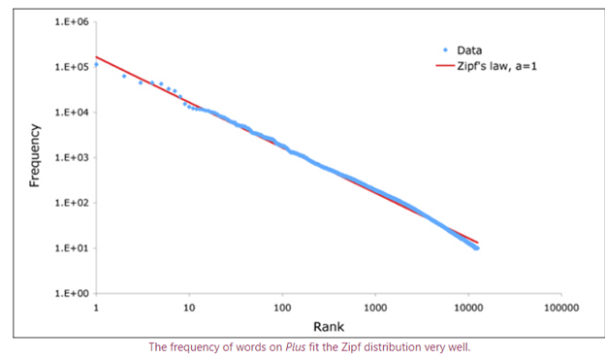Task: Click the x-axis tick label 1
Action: click(x=96, y=308)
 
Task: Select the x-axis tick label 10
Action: click(x=189, y=308)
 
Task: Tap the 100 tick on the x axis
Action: click(x=282, y=308)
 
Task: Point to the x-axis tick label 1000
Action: click(x=375, y=308)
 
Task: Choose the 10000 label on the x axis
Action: click(x=468, y=308)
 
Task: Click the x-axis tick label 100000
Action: click(x=561, y=308)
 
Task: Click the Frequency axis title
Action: click(x=36, y=155)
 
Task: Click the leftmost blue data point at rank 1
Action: click(x=96, y=64)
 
